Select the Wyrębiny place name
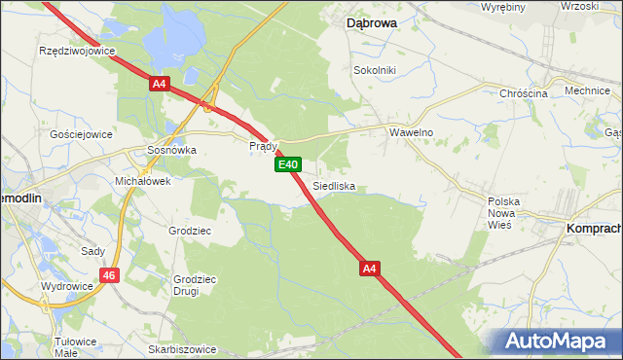503,7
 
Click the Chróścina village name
524,93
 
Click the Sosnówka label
170,151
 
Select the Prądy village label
264,146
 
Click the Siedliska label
333,185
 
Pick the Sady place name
93,250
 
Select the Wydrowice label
67,287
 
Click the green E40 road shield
286,165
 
